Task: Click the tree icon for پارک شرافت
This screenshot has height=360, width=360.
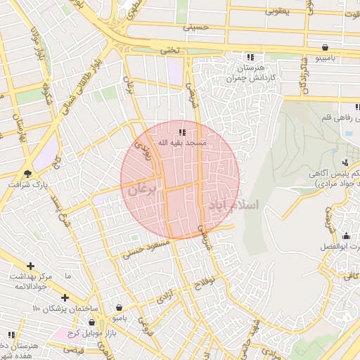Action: pos(27,173)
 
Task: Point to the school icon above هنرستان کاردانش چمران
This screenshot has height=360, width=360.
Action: pos(250,58)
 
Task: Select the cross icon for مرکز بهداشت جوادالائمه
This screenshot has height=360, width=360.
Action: pos(30,266)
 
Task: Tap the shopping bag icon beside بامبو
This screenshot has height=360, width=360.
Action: pos(120,307)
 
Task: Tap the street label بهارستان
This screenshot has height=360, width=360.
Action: pos(19,128)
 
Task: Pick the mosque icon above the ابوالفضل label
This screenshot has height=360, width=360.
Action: pos(346,236)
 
